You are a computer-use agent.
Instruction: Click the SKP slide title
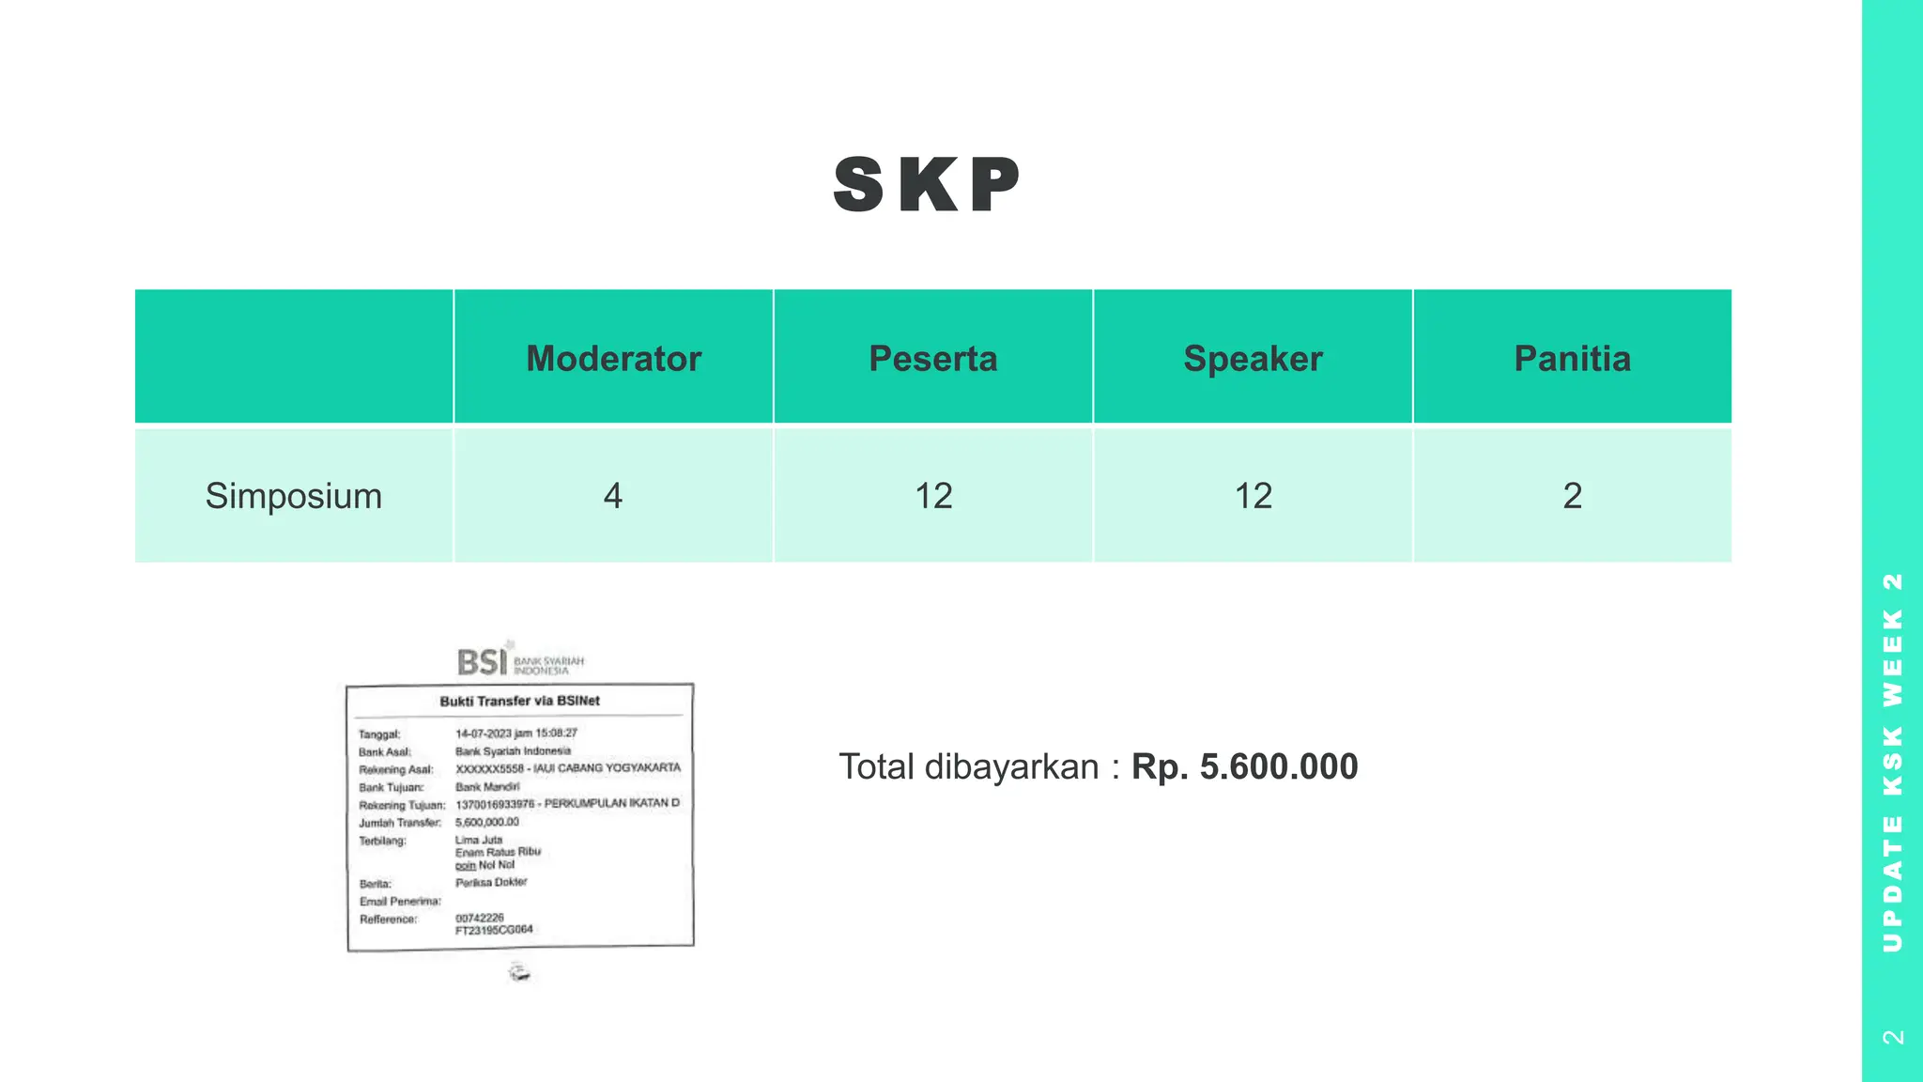point(927,185)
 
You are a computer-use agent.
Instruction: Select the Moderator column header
point(613,359)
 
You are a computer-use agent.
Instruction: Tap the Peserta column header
point(932,359)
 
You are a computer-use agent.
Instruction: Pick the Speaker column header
point(1253,359)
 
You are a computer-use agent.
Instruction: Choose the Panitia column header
point(1572,359)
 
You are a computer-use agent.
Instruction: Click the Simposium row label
point(294,496)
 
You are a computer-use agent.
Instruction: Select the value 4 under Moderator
point(613,496)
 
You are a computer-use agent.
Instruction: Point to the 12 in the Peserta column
point(933,496)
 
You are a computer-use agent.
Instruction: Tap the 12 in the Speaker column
point(1253,496)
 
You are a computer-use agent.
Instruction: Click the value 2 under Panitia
point(1573,496)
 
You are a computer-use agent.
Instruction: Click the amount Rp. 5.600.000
point(1244,766)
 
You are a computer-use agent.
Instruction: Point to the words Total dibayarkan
point(968,766)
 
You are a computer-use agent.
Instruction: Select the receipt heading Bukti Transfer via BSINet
point(519,701)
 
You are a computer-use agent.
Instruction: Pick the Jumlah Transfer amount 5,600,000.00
point(486,822)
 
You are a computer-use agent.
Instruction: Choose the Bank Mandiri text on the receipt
point(486,786)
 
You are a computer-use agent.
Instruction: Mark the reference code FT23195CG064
point(494,930)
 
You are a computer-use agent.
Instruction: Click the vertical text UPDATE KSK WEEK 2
point(1893,761)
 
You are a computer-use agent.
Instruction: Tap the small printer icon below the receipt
point(519,972)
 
